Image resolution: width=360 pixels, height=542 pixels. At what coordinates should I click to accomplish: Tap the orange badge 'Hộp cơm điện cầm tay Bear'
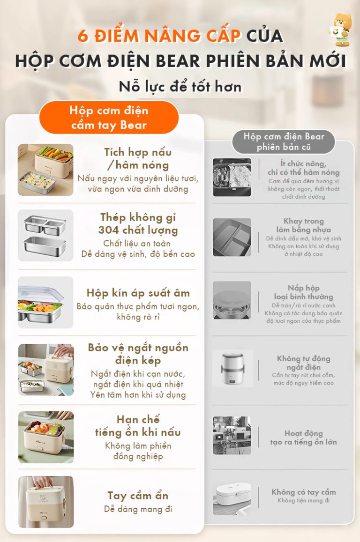(x=109, y=118)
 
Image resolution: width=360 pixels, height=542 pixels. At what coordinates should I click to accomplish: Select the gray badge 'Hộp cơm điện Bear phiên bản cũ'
(x=284, y=142)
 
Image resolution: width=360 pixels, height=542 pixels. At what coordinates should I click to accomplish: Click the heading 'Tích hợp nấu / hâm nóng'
(x=138, y=158)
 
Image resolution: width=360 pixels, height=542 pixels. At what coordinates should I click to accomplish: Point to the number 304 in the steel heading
(x=109, y=230)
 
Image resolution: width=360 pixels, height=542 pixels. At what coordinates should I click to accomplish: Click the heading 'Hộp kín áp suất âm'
(x=138, y=293)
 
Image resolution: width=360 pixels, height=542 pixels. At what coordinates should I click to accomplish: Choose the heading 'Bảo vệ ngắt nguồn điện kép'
(x=138, y=354)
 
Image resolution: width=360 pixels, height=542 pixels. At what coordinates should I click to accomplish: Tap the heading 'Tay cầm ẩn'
(x=138, y=496)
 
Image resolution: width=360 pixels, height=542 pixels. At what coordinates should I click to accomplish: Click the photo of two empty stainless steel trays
(x=45, y=235)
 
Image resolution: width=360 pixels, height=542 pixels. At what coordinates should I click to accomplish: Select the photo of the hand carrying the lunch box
(x=46, y=502)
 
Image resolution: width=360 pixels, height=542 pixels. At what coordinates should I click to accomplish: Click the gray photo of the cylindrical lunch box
(x=232, y=369)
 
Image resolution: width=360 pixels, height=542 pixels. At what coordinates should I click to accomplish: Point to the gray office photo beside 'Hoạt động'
(x=232, y=435)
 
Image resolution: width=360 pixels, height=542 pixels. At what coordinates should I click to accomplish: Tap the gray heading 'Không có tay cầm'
(x=304, y=492)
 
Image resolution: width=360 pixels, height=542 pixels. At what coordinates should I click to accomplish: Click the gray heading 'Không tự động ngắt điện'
(x=304, y=363)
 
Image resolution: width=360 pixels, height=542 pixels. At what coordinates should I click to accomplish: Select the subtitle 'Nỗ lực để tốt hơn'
(x=180, y=86)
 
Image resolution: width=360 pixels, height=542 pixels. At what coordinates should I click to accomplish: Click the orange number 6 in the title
(x=83, y=36)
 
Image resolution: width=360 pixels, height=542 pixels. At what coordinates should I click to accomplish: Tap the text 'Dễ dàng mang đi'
(x=138, y=509)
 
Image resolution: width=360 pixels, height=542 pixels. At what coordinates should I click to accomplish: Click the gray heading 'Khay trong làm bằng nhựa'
(x=304, y=225)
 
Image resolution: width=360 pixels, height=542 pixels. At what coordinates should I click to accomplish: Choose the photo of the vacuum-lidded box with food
(x=45, y=303)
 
